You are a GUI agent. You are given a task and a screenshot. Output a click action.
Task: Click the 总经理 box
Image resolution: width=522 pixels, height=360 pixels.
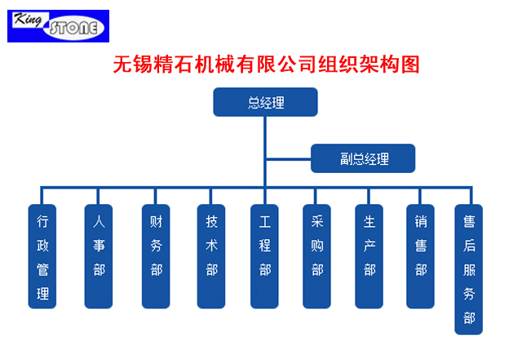click(265, 102)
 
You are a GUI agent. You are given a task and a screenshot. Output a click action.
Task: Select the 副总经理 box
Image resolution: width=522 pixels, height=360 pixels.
click(363, 158)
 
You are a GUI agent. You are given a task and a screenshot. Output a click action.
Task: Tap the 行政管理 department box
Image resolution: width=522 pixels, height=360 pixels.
click(42, 256)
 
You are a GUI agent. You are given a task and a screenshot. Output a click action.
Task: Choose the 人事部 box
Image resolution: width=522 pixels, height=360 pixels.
click(99, 256)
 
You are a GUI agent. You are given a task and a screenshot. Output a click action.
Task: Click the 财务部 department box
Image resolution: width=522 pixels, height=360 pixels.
click(156, 256)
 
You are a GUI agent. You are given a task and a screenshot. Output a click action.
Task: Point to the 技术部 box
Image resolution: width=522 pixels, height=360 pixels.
click(211, 256)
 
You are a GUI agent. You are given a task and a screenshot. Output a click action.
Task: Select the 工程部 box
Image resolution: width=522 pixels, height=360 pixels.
click(264, 256)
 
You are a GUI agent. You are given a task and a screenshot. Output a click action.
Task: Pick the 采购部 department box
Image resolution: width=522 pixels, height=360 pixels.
click(316, 256)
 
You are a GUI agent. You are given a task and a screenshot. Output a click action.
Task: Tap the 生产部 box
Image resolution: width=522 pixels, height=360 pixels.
click(369, 256)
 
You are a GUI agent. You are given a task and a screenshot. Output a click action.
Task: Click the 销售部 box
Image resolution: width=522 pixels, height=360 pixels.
click(420, 256)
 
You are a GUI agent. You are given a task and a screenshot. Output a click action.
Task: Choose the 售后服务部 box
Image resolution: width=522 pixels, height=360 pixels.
click(468, 269)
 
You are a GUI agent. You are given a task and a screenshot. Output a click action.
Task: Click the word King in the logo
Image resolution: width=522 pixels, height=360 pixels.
click(29, 20)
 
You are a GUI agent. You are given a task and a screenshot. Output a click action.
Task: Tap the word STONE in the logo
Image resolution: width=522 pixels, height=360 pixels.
click(73, 28)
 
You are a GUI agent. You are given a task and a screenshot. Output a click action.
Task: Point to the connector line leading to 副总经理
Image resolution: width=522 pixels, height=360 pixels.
click(288, 159)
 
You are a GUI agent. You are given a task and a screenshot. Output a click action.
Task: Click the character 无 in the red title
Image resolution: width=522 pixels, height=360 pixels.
click(123, 64)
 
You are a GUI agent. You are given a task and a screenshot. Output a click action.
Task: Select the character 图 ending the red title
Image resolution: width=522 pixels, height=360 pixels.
click(410, 64)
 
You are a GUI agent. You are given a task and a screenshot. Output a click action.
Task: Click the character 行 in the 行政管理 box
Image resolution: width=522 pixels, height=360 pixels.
click(42, 221)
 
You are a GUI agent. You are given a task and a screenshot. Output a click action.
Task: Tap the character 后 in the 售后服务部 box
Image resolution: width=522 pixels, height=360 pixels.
click(469, 246)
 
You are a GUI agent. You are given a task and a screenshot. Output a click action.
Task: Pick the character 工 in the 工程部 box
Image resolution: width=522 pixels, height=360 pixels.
click(264, 222)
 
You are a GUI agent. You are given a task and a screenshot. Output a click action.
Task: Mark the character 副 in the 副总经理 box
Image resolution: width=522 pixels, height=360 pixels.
click(346, 158)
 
